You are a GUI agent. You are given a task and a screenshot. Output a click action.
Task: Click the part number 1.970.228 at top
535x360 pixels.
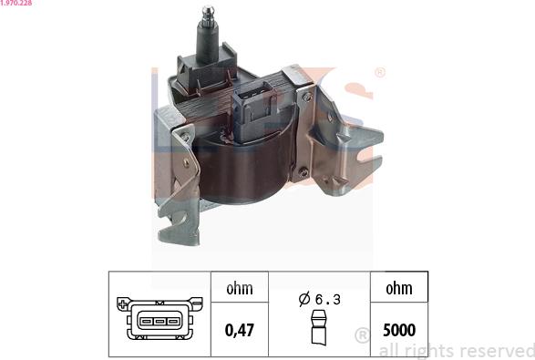click(x=16, y=3)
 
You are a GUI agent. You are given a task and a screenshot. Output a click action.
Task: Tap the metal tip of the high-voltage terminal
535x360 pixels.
click(x=208, y=16)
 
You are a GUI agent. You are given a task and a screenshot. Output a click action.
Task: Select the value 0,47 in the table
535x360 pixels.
click(x=240, y=330)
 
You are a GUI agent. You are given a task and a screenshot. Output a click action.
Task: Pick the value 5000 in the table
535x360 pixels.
click(x=399, y=330)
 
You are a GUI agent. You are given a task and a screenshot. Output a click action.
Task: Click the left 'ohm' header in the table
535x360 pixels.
click(x=240, y=289)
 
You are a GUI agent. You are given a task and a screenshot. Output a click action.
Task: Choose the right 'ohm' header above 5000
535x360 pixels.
click(x=399, y=289)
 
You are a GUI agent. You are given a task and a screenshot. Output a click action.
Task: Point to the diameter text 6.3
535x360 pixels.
click(x=328, y=300)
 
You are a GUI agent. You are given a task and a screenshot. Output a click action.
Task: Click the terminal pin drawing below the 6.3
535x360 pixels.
click(x=319, y=327)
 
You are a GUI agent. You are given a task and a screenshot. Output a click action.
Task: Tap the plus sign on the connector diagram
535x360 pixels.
click(x=122, y=303)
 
